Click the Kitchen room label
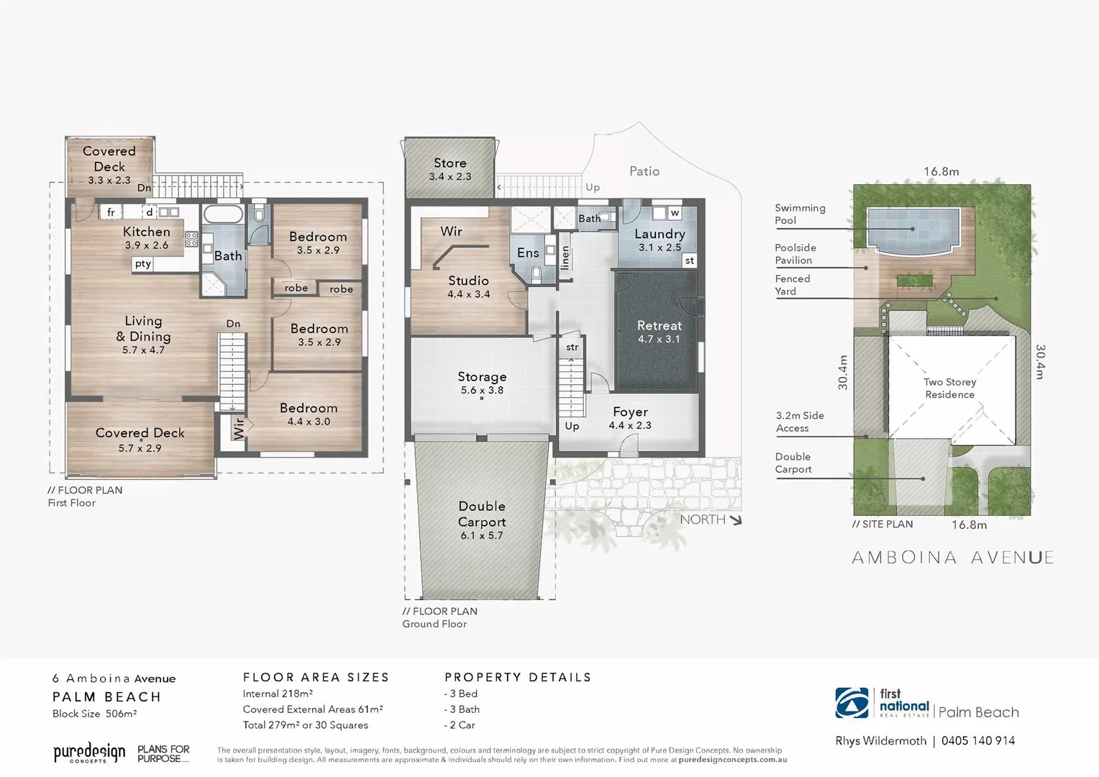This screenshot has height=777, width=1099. pos(147,232)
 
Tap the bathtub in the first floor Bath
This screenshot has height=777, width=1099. pos(223,214)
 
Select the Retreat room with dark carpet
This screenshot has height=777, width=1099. pos(658,332)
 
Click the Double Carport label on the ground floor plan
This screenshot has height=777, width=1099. pos(482,514)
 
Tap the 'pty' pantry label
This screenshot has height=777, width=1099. pos(143,263)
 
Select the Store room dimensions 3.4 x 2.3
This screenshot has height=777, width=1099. pos(450,176)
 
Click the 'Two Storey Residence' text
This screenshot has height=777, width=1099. pos(949,388)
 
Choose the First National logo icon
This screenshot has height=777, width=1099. pos(852,704)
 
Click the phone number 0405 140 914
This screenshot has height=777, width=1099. pos(977,740)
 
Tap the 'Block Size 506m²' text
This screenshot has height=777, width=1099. pos(94,714)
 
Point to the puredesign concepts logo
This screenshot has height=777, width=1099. pos(89,753)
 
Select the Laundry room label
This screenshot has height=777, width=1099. pos(660,234)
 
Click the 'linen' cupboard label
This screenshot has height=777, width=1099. pos(565,257)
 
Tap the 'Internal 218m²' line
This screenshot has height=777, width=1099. pos(278,694)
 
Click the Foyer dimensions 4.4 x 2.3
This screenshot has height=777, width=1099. pos(630,425)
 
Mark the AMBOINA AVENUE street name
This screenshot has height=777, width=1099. pos(952,558)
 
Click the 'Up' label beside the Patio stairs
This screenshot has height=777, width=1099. pos(593,187)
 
